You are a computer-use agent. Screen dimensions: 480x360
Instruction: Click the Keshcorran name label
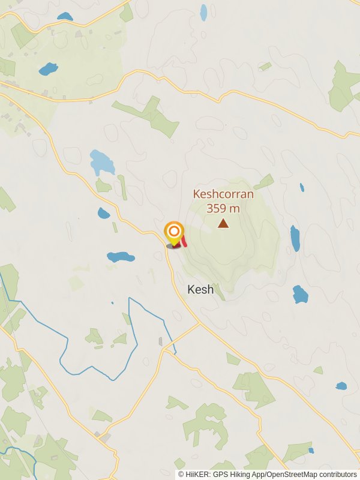tap(223, 194)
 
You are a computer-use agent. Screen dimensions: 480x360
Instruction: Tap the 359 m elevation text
tap(223, 208)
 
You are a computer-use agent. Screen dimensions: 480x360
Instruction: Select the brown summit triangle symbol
tap(223, 224)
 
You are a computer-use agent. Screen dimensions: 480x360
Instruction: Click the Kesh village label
tap(200, 290)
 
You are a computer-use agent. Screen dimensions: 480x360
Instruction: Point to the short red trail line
tap(184, 241)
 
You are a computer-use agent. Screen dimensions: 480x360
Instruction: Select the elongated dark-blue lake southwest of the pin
tap(121, 257)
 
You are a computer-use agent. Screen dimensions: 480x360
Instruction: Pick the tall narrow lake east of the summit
tap(295, 238)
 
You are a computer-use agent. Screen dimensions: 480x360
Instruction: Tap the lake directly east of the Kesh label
tap(300, 295)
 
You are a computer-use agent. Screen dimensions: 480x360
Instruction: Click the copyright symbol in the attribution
tap(181, 475)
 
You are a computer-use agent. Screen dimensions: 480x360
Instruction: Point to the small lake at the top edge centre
tap(203, 11)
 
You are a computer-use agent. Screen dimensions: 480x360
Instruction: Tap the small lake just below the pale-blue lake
tap(104, 213)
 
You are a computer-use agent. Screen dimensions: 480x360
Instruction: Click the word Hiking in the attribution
tap(234, 475)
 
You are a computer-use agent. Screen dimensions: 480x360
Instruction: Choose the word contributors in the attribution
tap(337, 475)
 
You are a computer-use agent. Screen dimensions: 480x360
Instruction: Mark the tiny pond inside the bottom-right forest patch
tap(311, 450)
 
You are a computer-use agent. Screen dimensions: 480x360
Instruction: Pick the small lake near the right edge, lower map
tap(341, 386)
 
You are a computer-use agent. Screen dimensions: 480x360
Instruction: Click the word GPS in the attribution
tap(216, 475)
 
